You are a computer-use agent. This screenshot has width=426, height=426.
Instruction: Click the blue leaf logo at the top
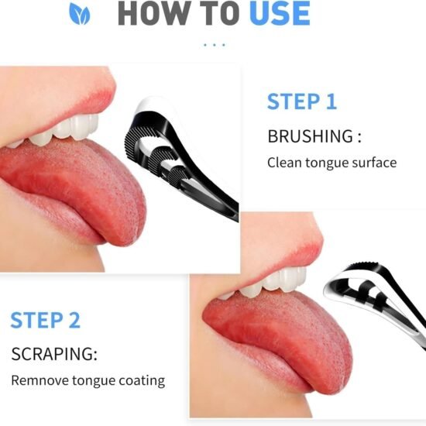coord(79,13)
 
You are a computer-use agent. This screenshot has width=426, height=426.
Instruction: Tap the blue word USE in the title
coord(280,13)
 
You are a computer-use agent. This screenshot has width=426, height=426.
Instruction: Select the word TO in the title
coord(220,13)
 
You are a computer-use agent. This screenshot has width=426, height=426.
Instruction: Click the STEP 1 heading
coord(302,101)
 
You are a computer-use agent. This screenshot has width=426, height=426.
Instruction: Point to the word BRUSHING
coord(311,136)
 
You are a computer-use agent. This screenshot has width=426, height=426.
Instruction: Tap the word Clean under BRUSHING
coord(284,163)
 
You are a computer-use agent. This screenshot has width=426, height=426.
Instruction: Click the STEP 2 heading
coord(46,320)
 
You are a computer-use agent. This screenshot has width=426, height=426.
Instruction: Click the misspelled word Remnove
coord(40,380)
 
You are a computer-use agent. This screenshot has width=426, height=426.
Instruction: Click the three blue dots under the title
coord(215,45)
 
